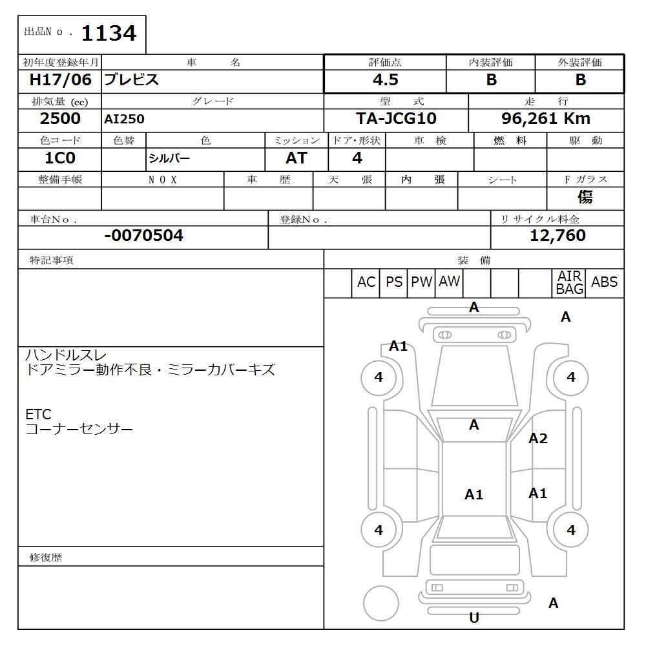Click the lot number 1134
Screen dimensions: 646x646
coord(109,33)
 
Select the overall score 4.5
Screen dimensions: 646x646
coord(385,80)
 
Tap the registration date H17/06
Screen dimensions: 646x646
coord(60,80)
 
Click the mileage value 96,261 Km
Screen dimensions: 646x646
coord(546,119)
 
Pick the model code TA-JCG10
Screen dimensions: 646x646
coord(396,119)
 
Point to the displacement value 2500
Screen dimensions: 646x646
coord(60,119)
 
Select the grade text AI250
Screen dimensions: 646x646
coord(124,120)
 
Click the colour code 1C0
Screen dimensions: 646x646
coord(60,158)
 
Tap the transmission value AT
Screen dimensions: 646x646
coord(296,158)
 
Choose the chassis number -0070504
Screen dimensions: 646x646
coord(143,236)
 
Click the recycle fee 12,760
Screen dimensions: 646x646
coord(557,236)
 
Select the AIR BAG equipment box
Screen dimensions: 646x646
coord(569,283)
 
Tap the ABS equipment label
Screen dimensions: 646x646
coord(604,282)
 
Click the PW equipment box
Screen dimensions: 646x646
coord(422,282)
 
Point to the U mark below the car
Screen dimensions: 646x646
coord(474,618)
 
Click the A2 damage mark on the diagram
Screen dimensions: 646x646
coord(537,439)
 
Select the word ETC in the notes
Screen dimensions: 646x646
coord(38,414)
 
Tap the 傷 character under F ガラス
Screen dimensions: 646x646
coord(585,197)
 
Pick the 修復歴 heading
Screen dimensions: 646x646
coord(46,557)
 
